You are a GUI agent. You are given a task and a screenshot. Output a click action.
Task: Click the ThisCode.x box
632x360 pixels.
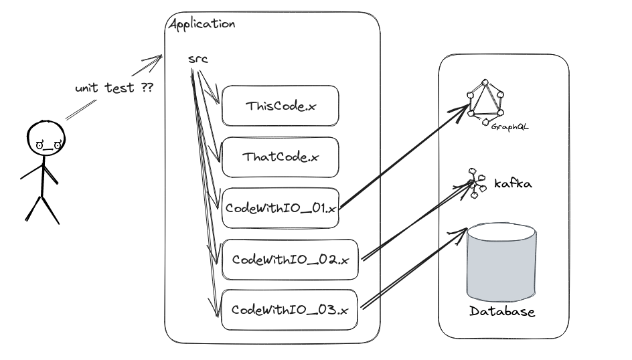[280, 106]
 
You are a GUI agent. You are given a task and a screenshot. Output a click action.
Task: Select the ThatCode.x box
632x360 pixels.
[280, 157]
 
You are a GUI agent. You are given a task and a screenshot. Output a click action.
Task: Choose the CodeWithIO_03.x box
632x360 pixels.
[289, 310]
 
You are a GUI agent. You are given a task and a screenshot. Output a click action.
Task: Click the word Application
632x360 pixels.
[202, 24]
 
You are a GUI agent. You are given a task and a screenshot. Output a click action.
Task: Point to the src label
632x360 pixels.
[198, 60]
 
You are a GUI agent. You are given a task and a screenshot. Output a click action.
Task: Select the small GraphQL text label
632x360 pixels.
[505, 125]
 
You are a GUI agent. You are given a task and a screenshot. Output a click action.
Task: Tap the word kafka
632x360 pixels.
[513, 183]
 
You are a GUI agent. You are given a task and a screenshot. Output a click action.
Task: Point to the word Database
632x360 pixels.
[501, 312]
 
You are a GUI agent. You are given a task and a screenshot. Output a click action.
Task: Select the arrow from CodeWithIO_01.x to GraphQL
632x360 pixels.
[402, 158]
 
